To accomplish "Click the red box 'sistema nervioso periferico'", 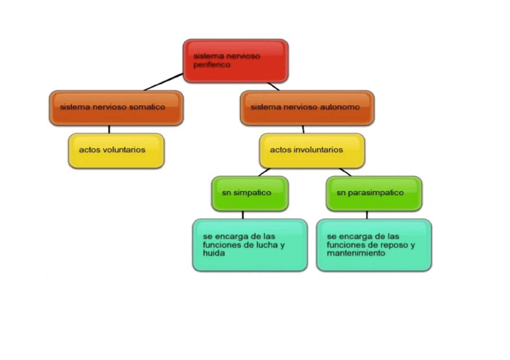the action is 235,60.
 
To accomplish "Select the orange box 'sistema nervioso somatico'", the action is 116,108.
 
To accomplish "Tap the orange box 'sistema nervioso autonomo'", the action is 307,108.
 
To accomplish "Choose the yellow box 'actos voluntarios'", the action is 116,150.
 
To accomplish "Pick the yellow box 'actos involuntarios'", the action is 312,150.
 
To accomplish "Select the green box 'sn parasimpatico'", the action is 373,193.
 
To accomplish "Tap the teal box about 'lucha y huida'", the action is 250,245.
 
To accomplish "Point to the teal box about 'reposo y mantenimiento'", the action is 373,245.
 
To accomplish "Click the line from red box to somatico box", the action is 163,82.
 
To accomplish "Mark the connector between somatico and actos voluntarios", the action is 109,129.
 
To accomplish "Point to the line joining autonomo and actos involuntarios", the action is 303,129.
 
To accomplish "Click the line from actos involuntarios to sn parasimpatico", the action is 344,172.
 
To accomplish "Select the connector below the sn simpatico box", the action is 243,215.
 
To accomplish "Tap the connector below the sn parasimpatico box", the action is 367,215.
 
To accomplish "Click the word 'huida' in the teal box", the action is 214,254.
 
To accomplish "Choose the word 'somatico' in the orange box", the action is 146,107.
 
